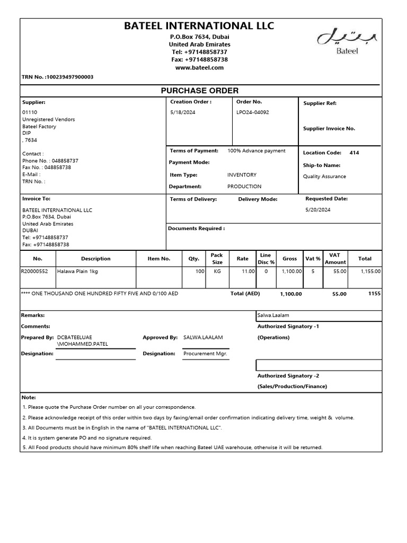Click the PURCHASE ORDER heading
click(199, 91)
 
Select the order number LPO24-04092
click(252, 112)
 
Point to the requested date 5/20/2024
click(317, 209)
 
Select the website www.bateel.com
click(199, 67)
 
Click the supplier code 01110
click(30, 112)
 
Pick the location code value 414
click(354, 153)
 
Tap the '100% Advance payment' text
click(256, 151)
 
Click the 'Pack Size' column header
click(217, 259)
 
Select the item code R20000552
click(34, 271)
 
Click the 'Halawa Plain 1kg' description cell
click(77, 271)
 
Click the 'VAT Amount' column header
click(335, 259)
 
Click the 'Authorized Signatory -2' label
click(288, 375)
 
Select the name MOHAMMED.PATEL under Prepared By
click(83, 344)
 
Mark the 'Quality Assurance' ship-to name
click(324, 177)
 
